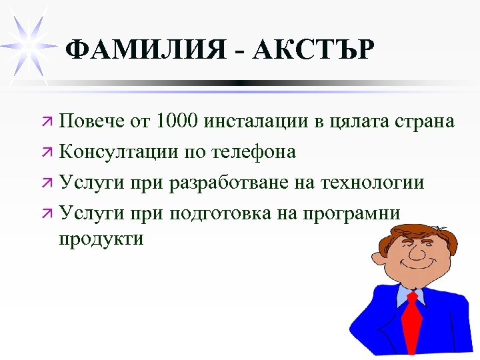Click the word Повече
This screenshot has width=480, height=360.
point(89,122)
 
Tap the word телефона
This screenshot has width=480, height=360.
point(253,153)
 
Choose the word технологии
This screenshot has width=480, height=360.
point(373,183)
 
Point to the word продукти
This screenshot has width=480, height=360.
point(101,238)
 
